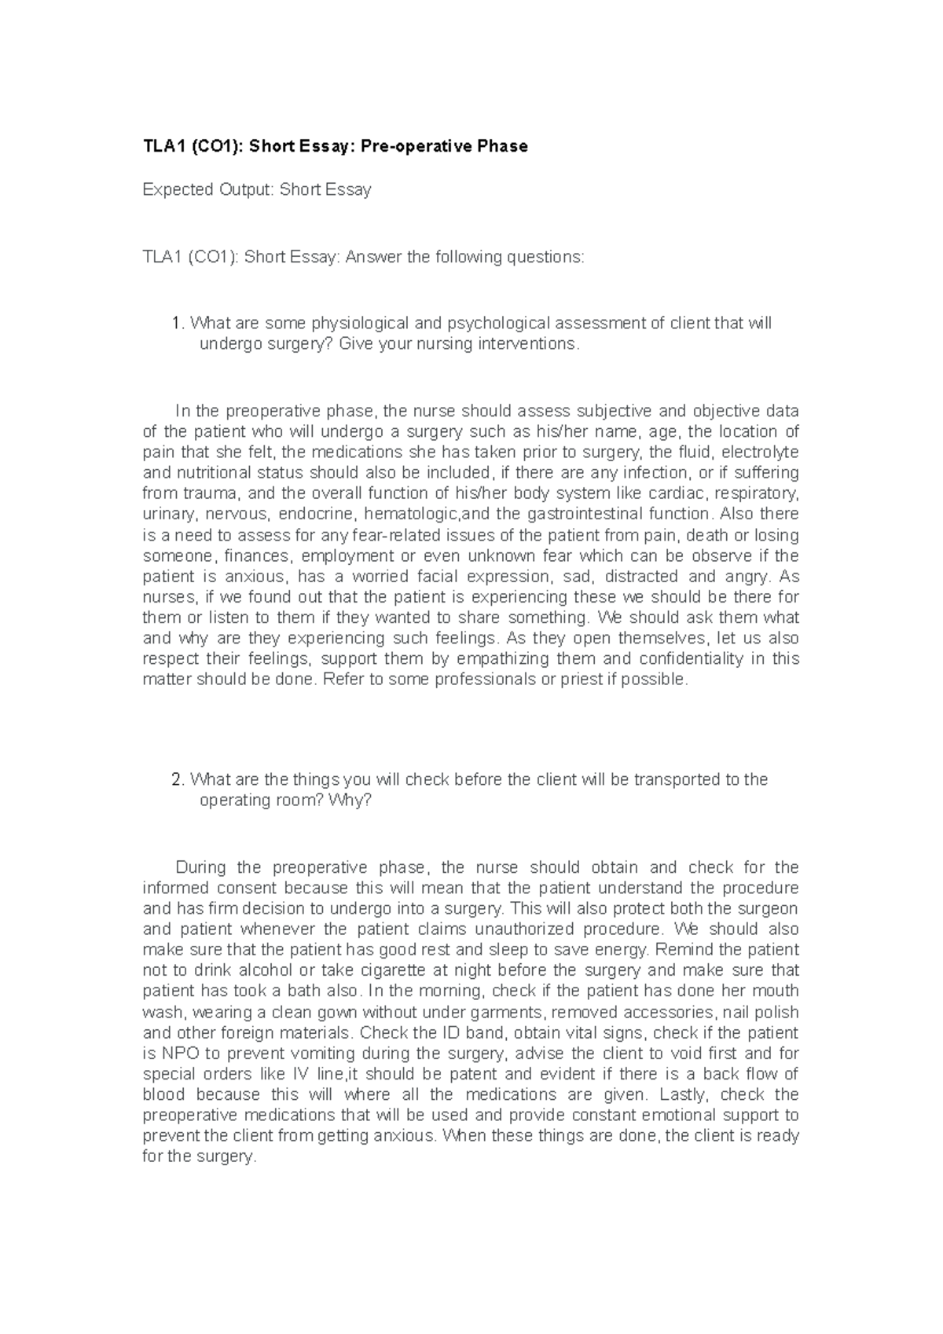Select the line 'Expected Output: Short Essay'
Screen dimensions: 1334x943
(x=256, y=189)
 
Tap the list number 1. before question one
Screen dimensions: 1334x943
(x=178, y=323)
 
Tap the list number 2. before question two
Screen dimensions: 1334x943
(x=178, y=779)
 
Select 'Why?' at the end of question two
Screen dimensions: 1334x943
(x=350, y=801)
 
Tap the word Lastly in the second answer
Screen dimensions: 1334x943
(x=682, y=1094)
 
